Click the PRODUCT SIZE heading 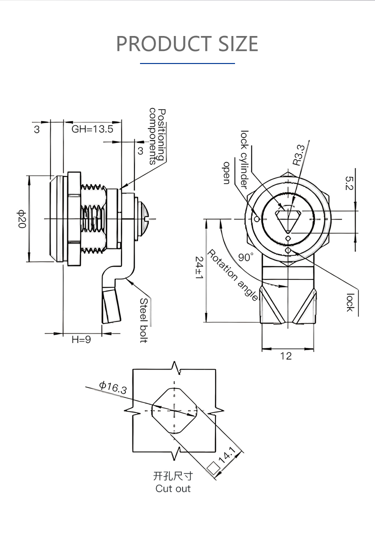pos(187,43)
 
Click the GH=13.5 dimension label pos(92,129)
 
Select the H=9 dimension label pos(81,339)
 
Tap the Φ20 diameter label pos(21,219)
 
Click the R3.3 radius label pos(298,155)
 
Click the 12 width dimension pos(285,355)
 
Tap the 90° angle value pos(245,257)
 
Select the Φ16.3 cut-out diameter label pos(112,387)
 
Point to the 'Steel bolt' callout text pos(143,320)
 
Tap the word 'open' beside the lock pos(226,172)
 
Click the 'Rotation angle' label pos(232,275)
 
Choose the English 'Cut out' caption pos(173,488)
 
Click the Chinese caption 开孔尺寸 pos(173,476)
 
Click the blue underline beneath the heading pos(187,63)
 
